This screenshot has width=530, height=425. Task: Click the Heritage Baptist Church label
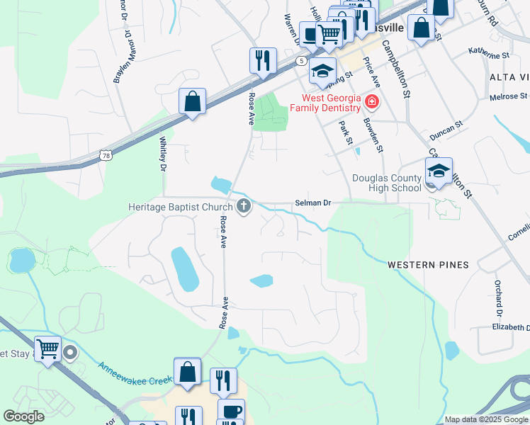click(180, 207)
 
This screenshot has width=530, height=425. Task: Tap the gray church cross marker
click(244, 207)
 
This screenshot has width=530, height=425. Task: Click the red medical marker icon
click(371, 103)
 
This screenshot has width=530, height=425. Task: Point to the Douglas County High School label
click(385, 183)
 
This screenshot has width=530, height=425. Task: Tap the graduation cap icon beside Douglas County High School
click(439, 171)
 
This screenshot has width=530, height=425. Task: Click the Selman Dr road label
click(312, 203)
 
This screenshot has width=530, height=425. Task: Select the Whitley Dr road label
click(162, 154)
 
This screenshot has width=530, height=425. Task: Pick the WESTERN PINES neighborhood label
click(428, 265)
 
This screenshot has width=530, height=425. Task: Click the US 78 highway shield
click(106, 154)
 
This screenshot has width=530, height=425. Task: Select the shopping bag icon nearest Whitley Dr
click(192, 101)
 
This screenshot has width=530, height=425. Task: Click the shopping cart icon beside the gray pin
click(47, 348)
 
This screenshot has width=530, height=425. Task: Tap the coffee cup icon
click(230, 412)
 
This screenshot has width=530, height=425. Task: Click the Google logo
click(24, 416)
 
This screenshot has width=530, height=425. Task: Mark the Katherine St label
click(489, 53)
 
